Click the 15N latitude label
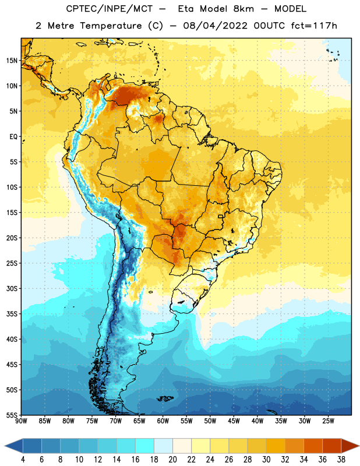(x=12, y=61)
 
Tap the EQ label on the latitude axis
(x=13, y=137)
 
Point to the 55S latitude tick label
(x=12, y=415)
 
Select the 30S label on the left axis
(x=12, y=288)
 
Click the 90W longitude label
(x=21, y=421)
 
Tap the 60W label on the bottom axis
(x=163, y=421)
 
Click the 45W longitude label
(x=234, y=421)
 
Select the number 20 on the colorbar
(x=172, y=460)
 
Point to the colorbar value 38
(x=341, y=460)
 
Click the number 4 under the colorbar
(x=23, y=460)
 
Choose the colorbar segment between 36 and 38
(x=332, y=446)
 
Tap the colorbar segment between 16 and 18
(x=145, y=446)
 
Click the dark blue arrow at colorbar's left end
(x=13, y=446)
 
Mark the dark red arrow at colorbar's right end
(x=350, y=446)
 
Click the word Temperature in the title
(x=111, y=26)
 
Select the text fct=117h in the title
(x=314, y=26)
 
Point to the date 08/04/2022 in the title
(x=215, y=26)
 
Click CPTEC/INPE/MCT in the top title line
(x=110, y=9)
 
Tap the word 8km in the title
(x=243, y=9)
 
